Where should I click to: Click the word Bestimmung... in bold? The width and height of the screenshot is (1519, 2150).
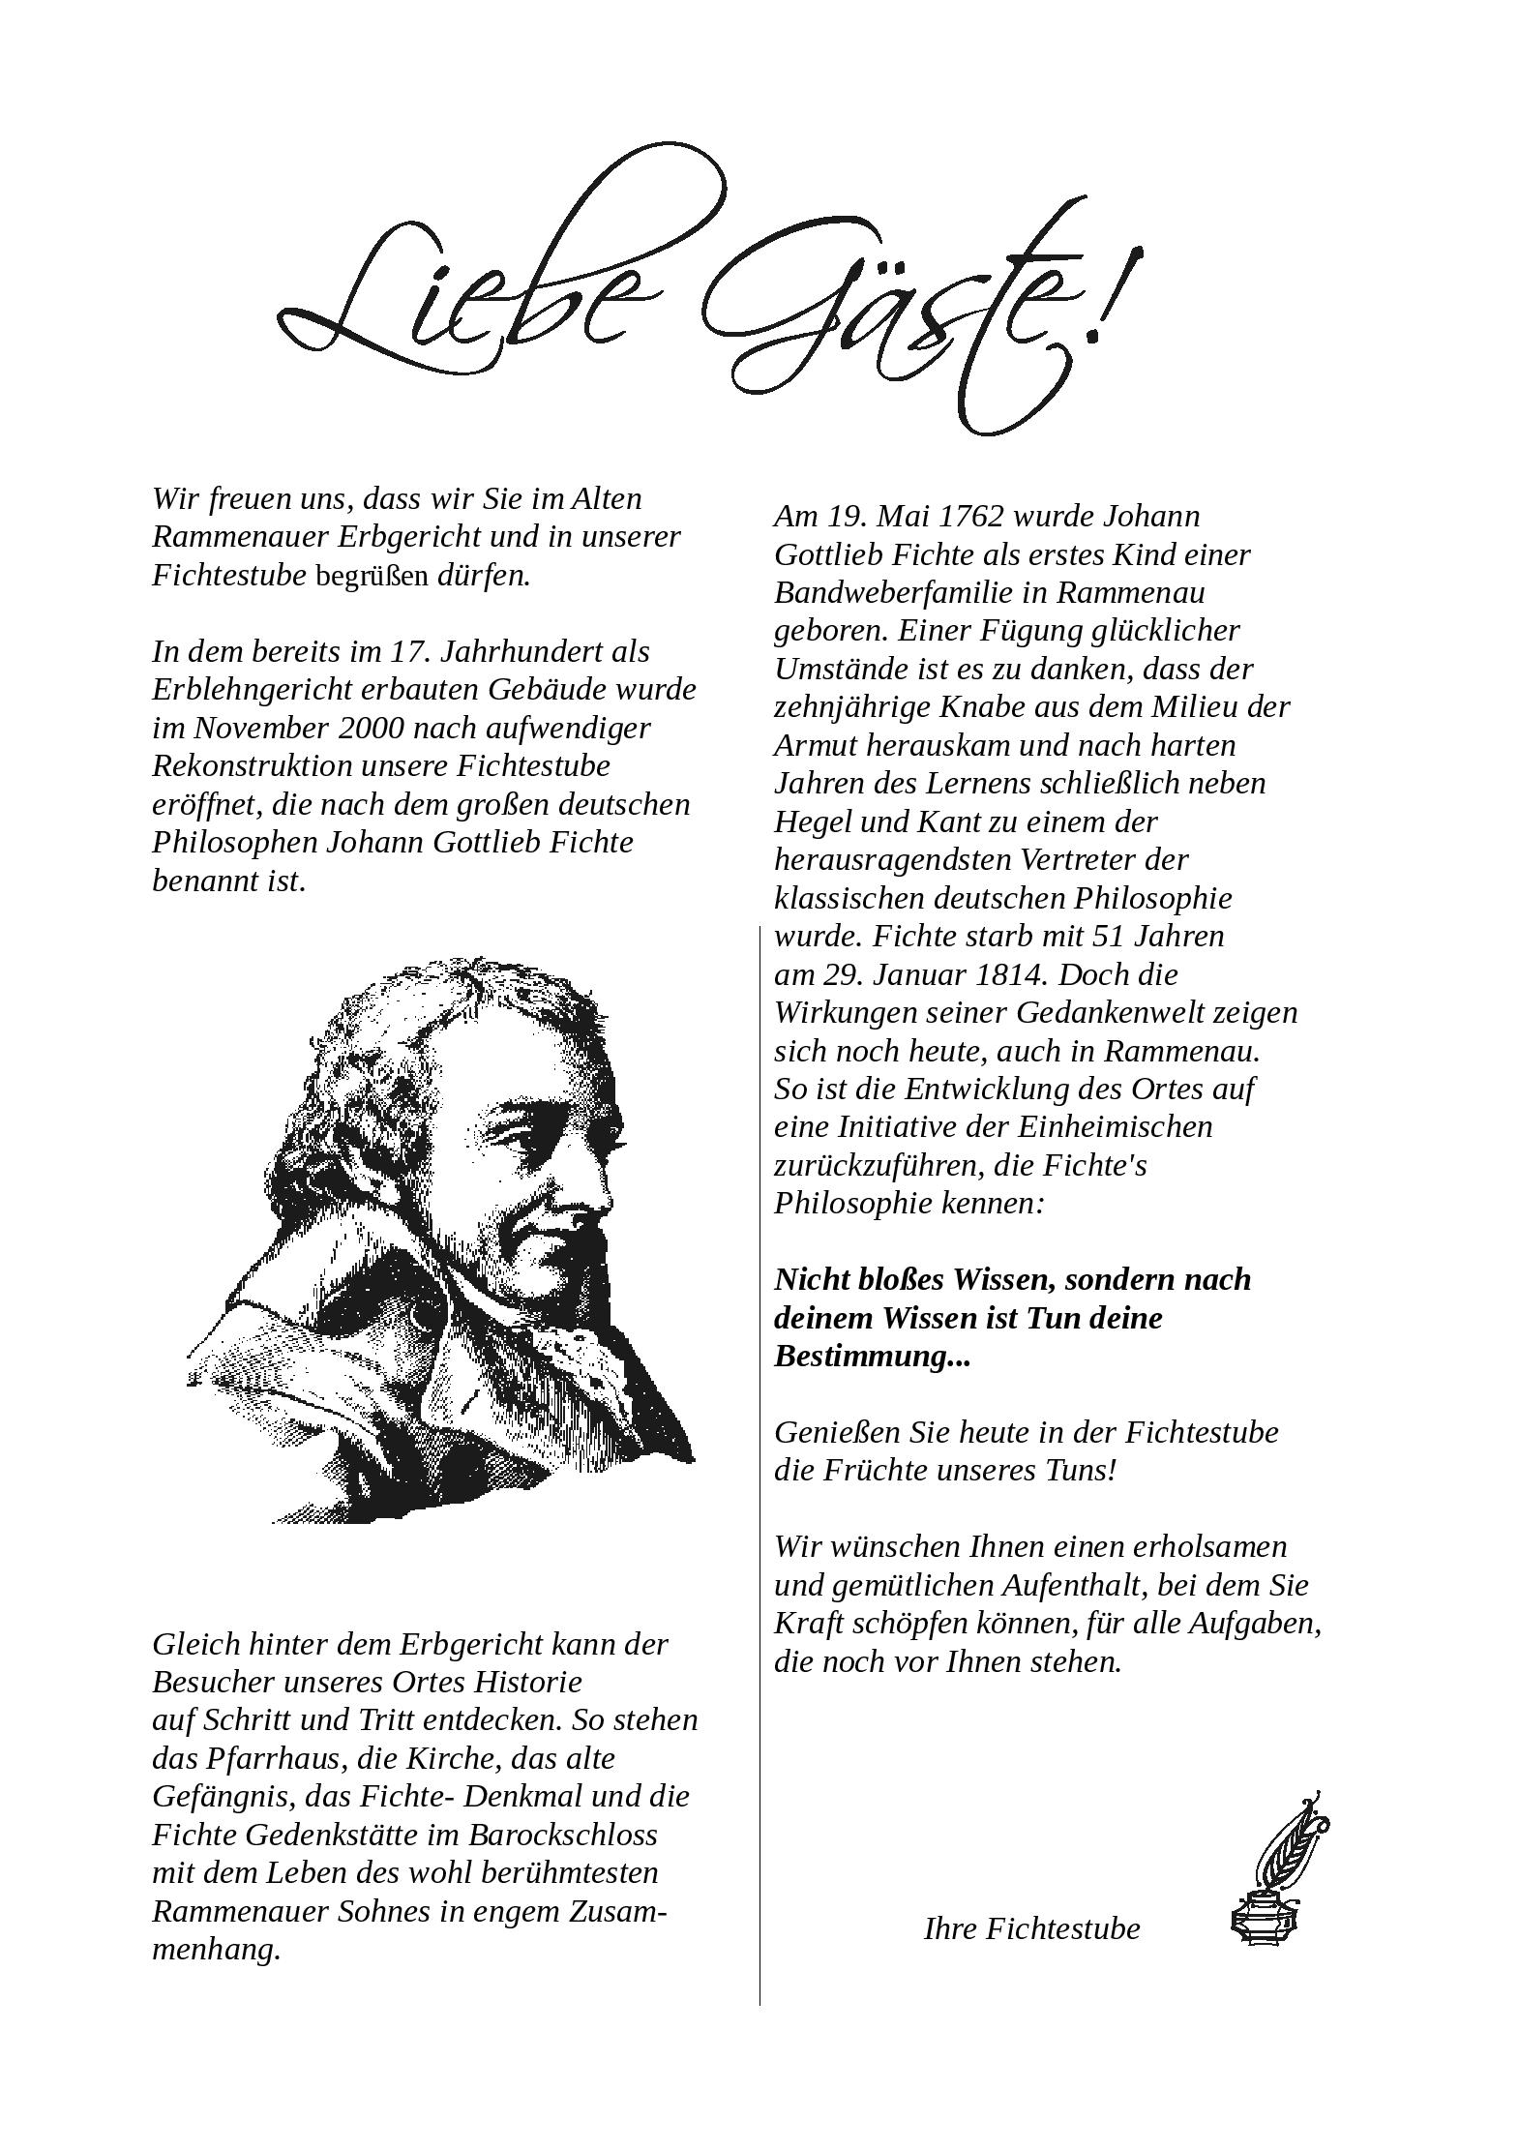point(872,1356)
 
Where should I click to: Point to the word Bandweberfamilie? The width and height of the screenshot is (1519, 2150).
point(906,592)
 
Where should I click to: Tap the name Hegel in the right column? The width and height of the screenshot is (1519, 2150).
point(812,821)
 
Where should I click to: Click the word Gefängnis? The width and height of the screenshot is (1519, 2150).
point(222,1797)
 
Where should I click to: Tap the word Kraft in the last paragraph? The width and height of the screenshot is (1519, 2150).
point(807,1623)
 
